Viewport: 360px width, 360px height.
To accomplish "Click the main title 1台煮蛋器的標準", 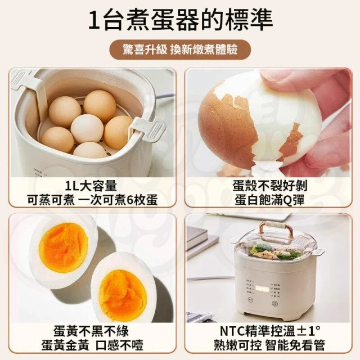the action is click(181, 20).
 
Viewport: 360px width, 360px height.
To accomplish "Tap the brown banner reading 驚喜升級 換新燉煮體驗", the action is click(180, 49).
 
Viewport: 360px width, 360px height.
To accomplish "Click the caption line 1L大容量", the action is click(91, 186).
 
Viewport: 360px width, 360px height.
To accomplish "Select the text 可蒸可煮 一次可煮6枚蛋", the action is click(92, 200).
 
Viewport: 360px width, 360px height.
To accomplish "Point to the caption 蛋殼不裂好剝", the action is click(270, 186).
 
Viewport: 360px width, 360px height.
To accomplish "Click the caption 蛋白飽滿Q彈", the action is click(270, 200).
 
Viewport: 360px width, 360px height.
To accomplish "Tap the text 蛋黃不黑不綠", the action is click(91, 331).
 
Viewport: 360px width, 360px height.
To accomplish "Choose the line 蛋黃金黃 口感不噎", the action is click(92, 345).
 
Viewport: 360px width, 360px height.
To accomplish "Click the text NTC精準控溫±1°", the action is click(270, 331).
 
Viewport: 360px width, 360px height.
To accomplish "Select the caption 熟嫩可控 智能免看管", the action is click(269, 345).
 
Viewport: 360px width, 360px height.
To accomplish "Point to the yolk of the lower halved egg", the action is click(123, 295).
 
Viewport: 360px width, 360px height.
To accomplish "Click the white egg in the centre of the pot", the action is click(87, 129).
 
